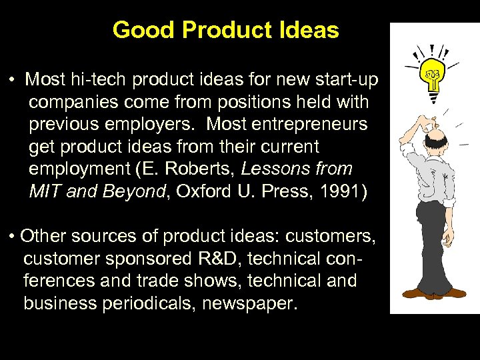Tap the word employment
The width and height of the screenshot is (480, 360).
tap(81, 169)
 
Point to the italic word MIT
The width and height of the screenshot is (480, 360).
tap(44, 191)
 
